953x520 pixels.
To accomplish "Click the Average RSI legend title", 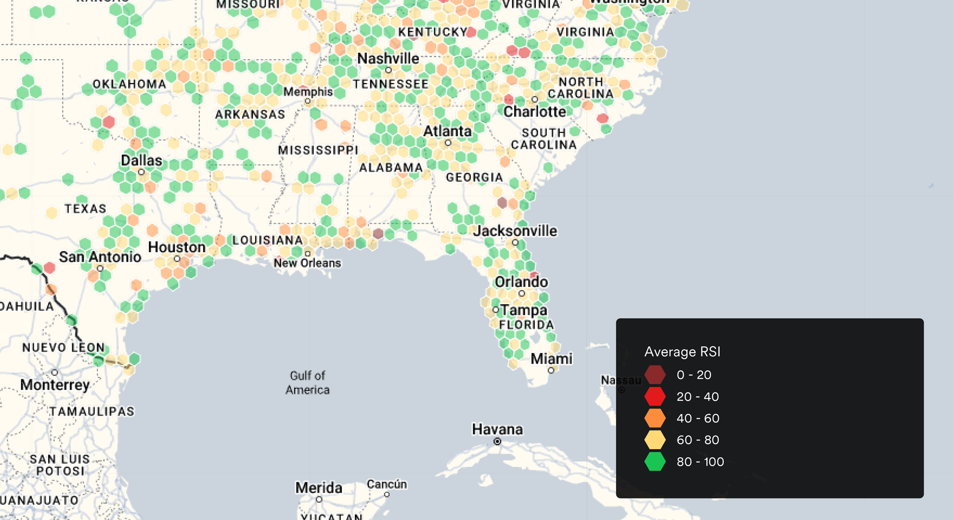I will tap(682, 352).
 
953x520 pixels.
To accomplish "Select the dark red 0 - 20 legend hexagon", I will tap(655, 375).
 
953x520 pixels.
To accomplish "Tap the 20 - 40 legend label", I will tap(697, 396).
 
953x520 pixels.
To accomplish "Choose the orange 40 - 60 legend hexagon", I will tap(655, 418).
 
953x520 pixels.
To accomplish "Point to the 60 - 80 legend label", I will tap(697, 440).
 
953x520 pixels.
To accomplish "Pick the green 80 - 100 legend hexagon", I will tap(655, 461).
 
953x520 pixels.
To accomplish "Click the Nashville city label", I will tap(388, 58).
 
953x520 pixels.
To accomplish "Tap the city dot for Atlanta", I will tap(448, 143).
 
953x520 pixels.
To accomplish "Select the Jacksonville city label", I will tap(515, 231).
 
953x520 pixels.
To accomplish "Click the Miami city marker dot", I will tap(551, 370).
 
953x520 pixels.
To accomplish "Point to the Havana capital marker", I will tap(497, 442).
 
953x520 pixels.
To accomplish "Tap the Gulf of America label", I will tap(308, 383).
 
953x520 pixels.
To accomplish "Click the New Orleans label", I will tap(307, 263).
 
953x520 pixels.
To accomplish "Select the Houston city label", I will tap(177, 247).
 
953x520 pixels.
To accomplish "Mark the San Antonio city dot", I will tap(100, 269).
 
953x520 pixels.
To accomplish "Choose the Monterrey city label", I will tap(55, 385).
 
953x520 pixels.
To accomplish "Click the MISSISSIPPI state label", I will tap(318, 150).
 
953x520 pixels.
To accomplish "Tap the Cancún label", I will tap(386, 484).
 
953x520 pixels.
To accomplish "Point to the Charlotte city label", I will tap(535, 112).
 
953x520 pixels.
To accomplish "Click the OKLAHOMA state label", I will tap(130, 84).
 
